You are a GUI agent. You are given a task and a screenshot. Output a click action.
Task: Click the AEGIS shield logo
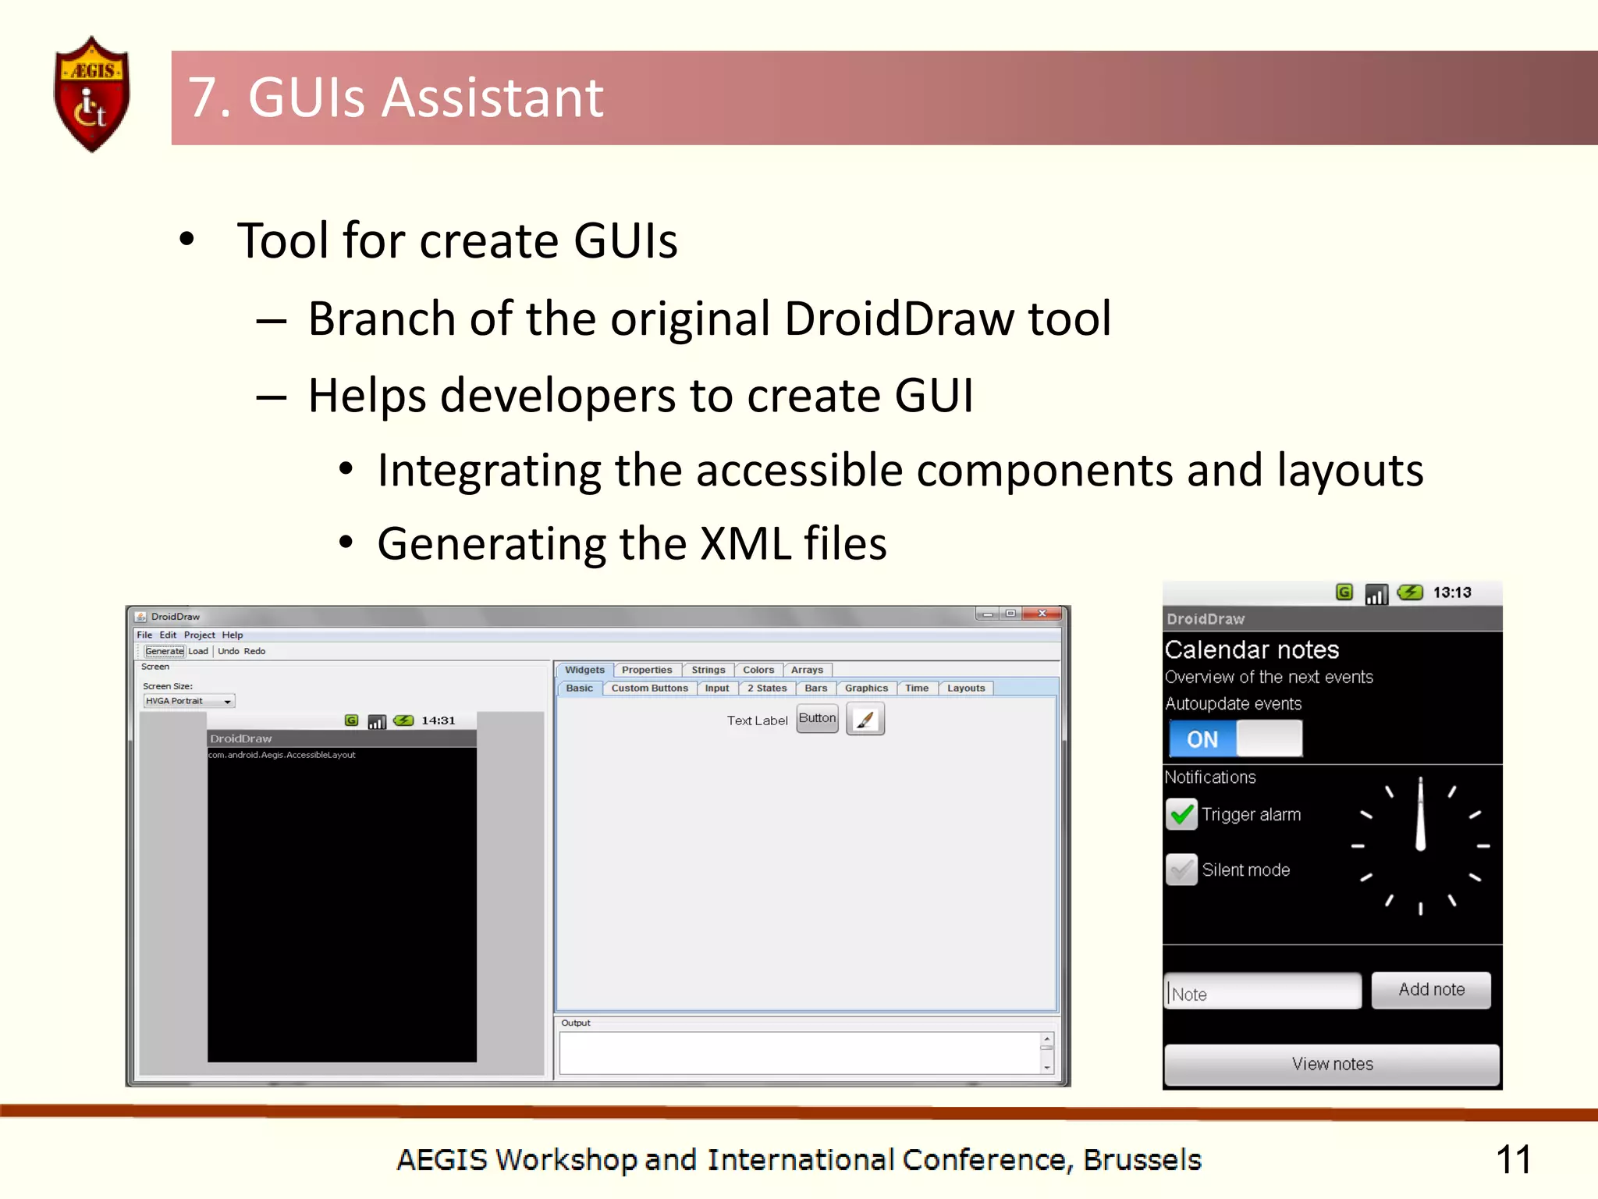(x=92, y=94)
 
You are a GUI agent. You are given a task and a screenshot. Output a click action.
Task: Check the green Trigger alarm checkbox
(x=1181, y=814)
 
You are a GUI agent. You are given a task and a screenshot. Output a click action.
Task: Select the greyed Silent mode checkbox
(x=1181, y=870)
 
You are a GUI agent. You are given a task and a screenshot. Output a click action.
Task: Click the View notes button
(x=1331, y=1064)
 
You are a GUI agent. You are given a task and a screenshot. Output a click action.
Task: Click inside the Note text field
(x=1262, y=992)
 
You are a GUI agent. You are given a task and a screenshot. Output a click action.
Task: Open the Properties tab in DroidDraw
(x=646, y=670)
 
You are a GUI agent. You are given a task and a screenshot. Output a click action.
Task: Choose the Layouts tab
(x=965, y=688)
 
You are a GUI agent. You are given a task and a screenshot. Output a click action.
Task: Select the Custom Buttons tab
(x=649, y=688)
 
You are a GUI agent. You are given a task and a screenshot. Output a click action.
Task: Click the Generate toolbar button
(x=164, y=651)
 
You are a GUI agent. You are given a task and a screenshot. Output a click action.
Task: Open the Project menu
(x=199, y=635)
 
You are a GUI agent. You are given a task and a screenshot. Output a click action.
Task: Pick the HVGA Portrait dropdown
(x=188, y=701)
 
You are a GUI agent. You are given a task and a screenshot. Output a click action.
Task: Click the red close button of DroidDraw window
(x=1042, y=614)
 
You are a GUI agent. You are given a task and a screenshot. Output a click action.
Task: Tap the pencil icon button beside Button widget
(x=865, y=719)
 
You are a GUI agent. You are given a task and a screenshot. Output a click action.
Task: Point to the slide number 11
(x=1512, y=1159)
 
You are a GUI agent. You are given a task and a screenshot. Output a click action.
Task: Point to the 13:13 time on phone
(x=1451, y=592)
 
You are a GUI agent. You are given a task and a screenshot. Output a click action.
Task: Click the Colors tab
(x=758, y=670)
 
